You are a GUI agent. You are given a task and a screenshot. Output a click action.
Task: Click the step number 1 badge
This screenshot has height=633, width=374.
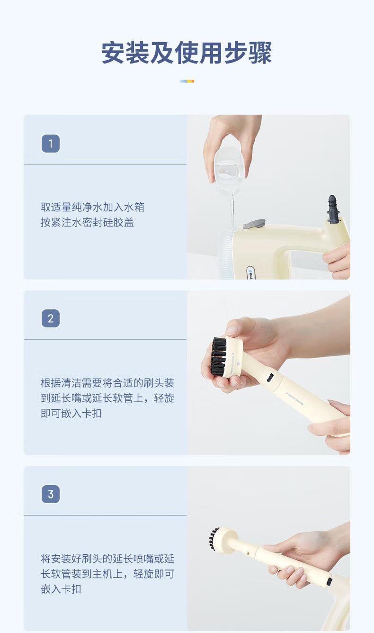[x=51, y=144]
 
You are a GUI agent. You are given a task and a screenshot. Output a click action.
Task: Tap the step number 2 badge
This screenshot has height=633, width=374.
[x=51, y=318]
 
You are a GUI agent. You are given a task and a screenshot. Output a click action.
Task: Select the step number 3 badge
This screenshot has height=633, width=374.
[x=51, y=494]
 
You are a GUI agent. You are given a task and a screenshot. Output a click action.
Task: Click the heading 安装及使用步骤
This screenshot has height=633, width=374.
[x=187, y=53]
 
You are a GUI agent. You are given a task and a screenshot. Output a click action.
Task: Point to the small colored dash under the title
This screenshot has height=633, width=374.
[x=187, y=81]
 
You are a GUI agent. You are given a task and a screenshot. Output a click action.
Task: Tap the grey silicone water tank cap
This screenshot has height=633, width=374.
[x=254, y=224]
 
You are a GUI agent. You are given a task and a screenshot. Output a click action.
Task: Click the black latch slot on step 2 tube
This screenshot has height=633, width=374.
[x=270, y=377]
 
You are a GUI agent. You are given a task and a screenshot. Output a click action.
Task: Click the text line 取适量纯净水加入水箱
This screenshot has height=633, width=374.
[x=92, y=207]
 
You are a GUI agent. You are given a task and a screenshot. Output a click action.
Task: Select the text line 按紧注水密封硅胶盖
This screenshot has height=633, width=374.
[x=87, y=222]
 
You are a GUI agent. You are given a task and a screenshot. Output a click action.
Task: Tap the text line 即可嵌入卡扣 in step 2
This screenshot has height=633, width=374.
[x=71, y=414]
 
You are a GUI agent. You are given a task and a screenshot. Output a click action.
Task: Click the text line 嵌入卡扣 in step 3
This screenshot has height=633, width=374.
[x=61, y=589]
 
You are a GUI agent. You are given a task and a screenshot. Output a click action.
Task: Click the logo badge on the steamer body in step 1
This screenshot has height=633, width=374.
[x=250, y=273]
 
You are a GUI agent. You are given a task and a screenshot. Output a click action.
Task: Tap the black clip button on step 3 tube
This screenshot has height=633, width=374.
[x=329, y=581]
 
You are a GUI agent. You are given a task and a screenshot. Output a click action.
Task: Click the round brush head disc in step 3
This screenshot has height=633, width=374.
[x=225, y=540]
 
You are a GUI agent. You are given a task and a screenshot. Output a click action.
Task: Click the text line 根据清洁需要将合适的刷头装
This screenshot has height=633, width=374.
[x=107, y=383]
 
